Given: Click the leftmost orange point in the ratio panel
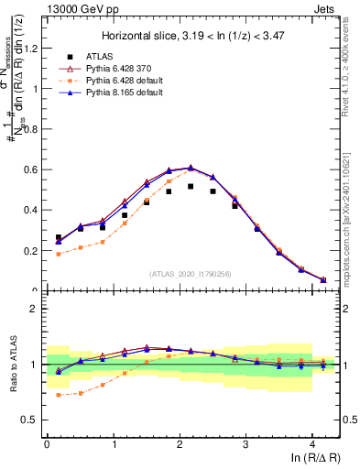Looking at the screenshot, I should tap(59, 395).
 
